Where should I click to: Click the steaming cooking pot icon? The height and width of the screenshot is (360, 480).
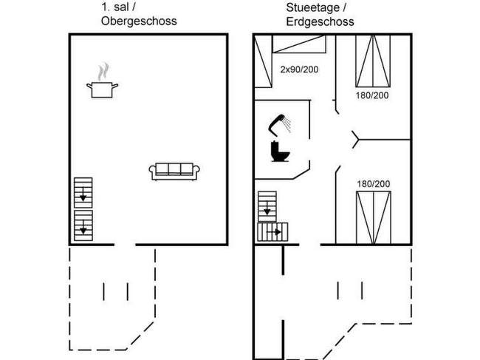(102, 81)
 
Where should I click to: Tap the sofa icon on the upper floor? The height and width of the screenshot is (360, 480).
(174, 171)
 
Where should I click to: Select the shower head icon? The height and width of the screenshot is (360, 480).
(280, 125)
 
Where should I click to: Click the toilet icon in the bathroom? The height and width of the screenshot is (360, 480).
(280, 151)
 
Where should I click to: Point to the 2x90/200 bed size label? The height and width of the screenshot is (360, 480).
(299, 69)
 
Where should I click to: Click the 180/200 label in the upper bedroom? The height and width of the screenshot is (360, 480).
(372, 95)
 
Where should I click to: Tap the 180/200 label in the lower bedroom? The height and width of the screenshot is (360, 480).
(373, 184)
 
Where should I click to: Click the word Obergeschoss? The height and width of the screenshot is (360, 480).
(139, 21)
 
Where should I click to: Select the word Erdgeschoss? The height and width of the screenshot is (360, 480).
(320, 21)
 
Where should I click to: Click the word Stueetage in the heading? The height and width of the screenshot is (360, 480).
(312, 7)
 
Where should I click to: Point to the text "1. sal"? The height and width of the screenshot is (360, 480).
(114, 7)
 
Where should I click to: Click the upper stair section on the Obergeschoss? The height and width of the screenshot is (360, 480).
(83, 193)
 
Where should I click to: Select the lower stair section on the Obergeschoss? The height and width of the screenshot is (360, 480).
(83, 225)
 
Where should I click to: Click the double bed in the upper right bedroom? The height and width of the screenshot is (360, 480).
(373, 61)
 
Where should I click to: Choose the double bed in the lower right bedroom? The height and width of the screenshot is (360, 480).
(374, 218)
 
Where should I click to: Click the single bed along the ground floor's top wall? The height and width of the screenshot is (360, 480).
(299, 44)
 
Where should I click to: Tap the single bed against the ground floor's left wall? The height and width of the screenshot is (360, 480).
(264, 61)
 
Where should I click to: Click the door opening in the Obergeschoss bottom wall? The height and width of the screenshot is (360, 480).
(125, 245)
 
